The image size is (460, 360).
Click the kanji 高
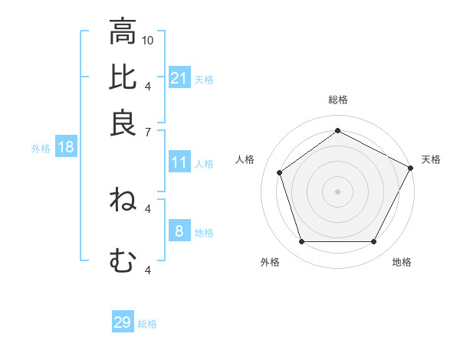click(123, 32)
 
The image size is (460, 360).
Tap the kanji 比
click(123, 77)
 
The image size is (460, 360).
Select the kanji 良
click(123, 123)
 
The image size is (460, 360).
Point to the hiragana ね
click(123, 200)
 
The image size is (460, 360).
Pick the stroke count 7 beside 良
click(148, 132)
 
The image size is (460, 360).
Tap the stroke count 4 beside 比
click(148, 85)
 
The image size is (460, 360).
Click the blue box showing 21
click(179, 78)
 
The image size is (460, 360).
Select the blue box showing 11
click(179, 162)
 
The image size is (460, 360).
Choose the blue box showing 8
click(179, 231)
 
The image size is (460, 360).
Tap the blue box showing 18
click(65, 147)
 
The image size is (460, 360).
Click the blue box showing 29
click(123, 322)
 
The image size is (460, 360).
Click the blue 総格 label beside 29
click(147, 324)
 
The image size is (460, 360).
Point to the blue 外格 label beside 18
click(41, 149)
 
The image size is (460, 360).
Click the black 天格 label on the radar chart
click(431, 159)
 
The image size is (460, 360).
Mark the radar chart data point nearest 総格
click(337, 130)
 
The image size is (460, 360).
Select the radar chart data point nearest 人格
click(280, 172)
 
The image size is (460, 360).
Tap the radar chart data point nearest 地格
click(373, 241)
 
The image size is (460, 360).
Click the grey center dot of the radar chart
click(337, 191)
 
